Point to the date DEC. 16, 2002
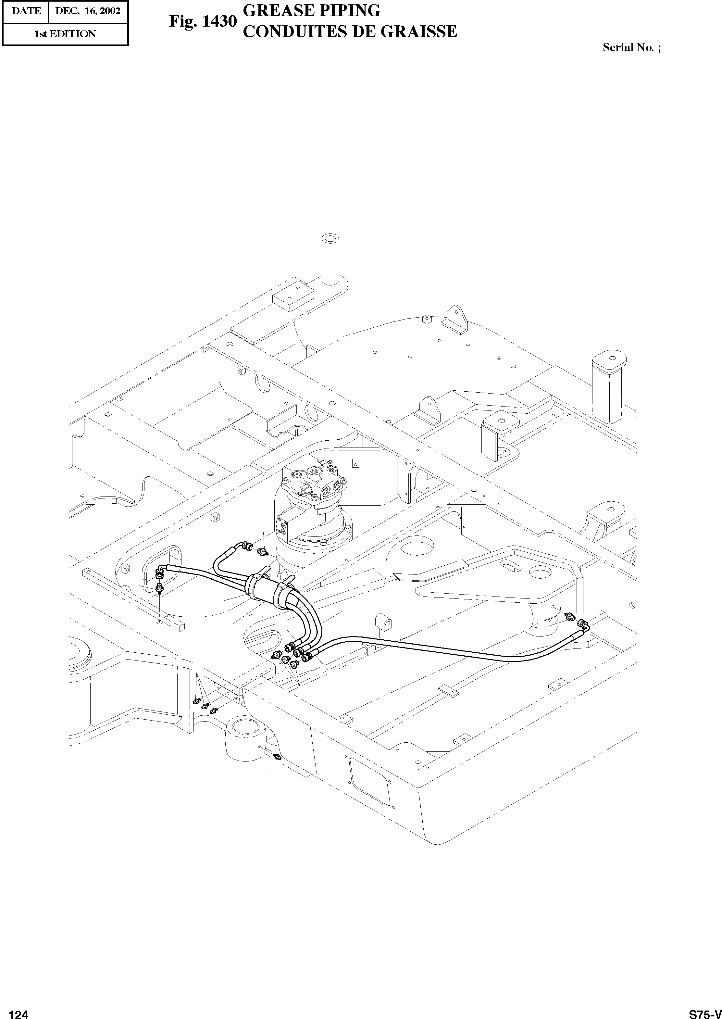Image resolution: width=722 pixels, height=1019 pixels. (88, 11)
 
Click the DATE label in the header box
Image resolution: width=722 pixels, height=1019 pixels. (26, 11)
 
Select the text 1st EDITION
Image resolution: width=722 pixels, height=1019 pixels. (65, 34)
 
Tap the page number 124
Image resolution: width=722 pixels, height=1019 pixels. (19, 1011)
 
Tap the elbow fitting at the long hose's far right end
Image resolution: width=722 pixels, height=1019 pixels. (582, 625)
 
